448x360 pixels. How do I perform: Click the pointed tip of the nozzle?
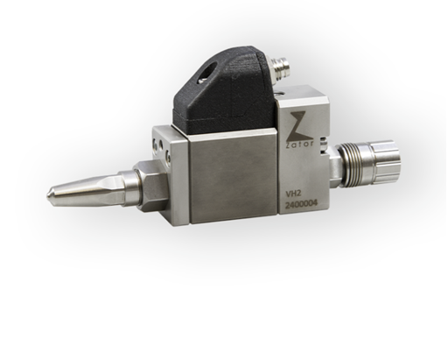pos(48,192)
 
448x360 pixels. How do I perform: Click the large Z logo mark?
pos(297,122)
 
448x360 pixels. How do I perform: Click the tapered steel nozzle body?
pos(87,187)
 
